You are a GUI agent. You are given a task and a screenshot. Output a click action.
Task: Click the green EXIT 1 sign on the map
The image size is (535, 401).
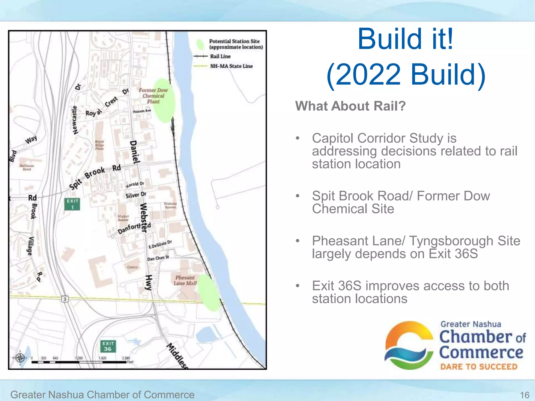(x=72, y=204)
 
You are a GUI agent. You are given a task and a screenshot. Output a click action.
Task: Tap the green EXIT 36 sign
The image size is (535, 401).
(x=108, y=346)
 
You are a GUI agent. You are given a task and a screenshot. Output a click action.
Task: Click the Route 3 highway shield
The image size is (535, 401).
(x=65, y=299)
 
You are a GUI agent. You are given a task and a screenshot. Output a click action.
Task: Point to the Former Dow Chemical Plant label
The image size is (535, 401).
(x=153, y=96)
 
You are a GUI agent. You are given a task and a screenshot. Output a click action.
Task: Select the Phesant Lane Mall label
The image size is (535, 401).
(x=185, y=280)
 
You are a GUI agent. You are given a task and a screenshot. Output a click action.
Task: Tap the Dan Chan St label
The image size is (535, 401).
(x=158, y=258)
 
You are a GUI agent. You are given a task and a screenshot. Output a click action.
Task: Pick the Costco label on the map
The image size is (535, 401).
(x=132, y=267)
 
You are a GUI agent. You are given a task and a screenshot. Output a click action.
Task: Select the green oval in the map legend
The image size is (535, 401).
(x=200, y=44)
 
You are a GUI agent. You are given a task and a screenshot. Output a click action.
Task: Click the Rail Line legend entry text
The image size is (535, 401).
(x=220, y=56)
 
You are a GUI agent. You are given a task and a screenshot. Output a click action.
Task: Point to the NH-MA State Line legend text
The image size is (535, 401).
(x=231, y=66)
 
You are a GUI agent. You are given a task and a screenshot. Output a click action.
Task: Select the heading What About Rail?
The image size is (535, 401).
(x=350, y=106)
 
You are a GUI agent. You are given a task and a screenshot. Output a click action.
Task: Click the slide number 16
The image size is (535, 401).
(x=525, y=395)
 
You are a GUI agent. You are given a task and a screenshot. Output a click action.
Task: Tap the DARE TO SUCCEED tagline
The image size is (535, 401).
(x=479, y=367)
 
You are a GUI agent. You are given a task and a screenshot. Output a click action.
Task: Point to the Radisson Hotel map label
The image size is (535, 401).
(x=27, y=167)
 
